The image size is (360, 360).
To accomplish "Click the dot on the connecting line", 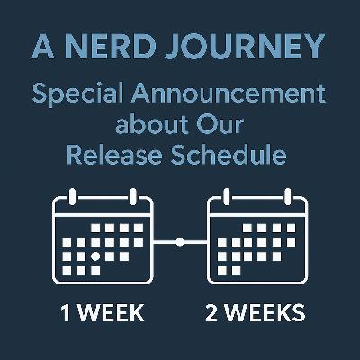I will click(x=180, y=241).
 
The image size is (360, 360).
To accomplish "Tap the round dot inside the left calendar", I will click(x=95, y=256).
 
